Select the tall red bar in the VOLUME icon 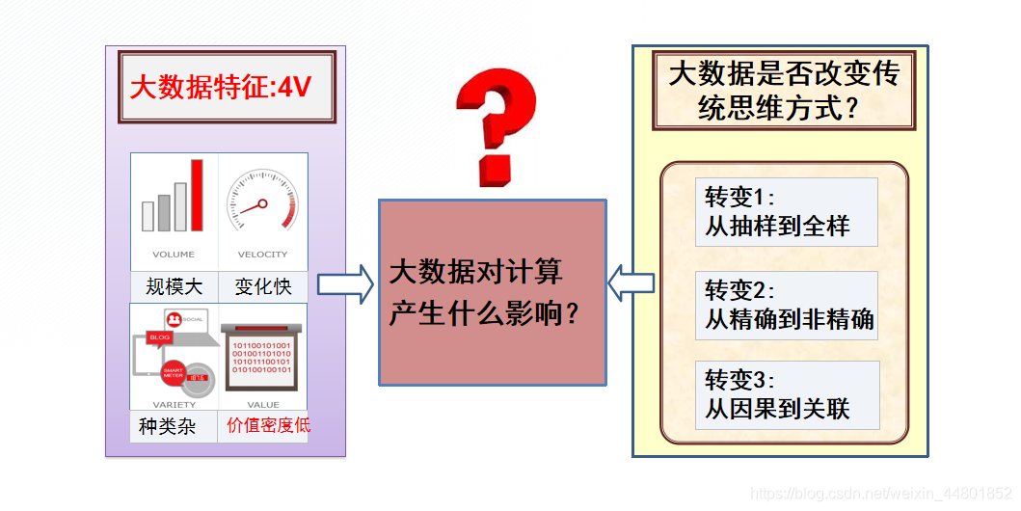coord(197,196)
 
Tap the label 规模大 coord(175,286)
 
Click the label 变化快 coord(262,286)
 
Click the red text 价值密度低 coord(268,424)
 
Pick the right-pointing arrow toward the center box coord(345,284)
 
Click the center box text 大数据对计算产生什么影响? coord(492,292)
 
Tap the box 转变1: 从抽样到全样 coord(786,212)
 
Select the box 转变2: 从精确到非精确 coord(787,306)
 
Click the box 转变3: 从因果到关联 coord(787,394)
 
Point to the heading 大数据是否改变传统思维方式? coord(783,91)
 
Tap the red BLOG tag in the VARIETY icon coord(158,338)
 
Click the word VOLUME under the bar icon coord(174,255)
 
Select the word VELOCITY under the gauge coord(262,255)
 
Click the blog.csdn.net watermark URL coord(880,494)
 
